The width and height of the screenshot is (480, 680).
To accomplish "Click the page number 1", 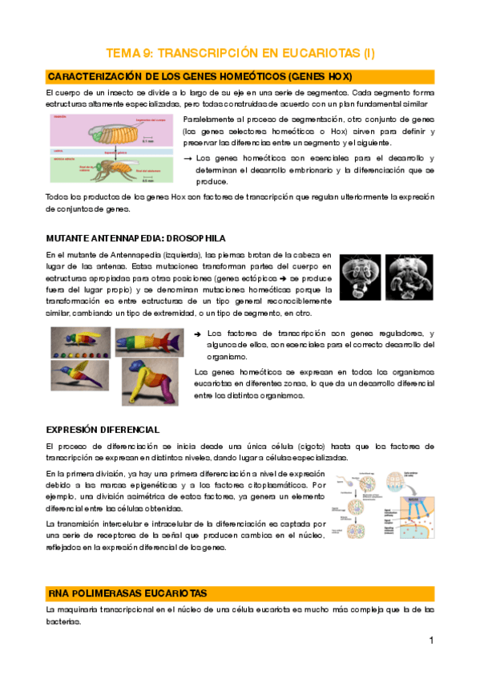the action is (x=430, y=640).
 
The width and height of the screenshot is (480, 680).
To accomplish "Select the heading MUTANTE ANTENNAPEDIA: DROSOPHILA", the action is (x=135, y=238).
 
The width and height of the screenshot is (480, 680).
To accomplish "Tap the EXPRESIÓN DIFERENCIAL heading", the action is (x=103, y=429).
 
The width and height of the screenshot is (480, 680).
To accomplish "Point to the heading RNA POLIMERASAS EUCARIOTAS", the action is (x=127, y=593).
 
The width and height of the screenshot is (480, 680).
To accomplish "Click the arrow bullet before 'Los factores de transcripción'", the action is (x=199, y=334).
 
